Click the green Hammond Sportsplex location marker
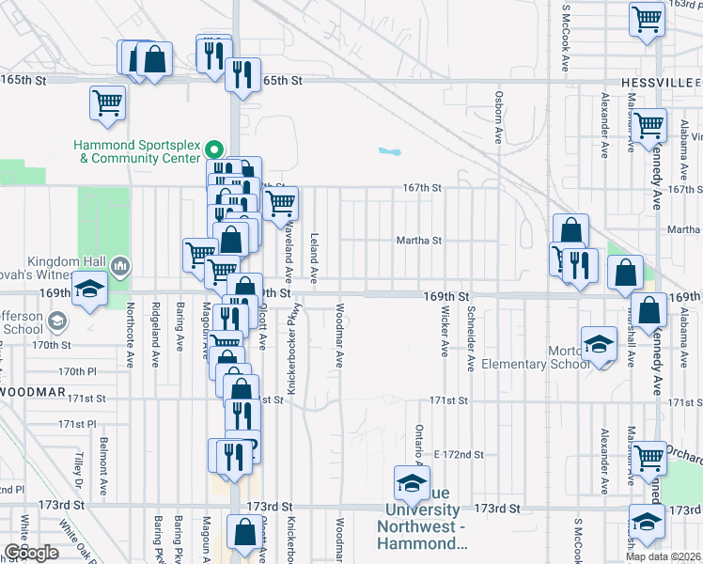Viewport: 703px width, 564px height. pyautogui.click(x=213, y=149)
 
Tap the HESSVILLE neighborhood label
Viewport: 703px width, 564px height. pyautogui.click(x=655, y=83)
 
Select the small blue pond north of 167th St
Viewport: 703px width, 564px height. pyautogui.click(x=388, y=150)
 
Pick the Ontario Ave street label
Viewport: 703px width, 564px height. pyautogui.click(x=418, y=445)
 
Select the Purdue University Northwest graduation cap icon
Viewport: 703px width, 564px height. pyautogui.click(x=411, y=483)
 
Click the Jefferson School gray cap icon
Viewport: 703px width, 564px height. pyautogui.click(x=56, y=322)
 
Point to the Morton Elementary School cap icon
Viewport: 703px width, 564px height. pyautogui.click(x=599, y=345)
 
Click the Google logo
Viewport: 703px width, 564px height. pyautogui.click(x=31, y=553)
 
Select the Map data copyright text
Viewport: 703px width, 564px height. pyautogui.click(x=665, y=556)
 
